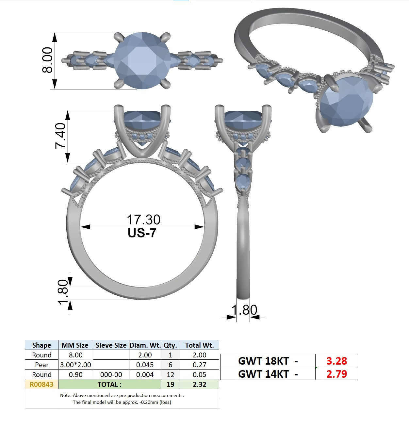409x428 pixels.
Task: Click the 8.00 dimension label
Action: [x=47, y=60]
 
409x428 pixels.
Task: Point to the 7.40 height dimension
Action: [x=60, y=136]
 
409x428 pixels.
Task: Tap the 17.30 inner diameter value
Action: [x=144, y=220]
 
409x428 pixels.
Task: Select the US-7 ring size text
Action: [x=142, y=233]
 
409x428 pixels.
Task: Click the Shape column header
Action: [x=41, y=345]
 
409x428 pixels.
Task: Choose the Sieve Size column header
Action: [x=111, y=345]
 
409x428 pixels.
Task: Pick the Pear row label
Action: [x=41, y=365]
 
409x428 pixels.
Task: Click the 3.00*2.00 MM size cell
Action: [x=75, y=365]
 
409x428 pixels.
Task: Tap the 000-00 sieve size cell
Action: [x=111, y=374]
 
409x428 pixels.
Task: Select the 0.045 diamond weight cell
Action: [x=145, y=365]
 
